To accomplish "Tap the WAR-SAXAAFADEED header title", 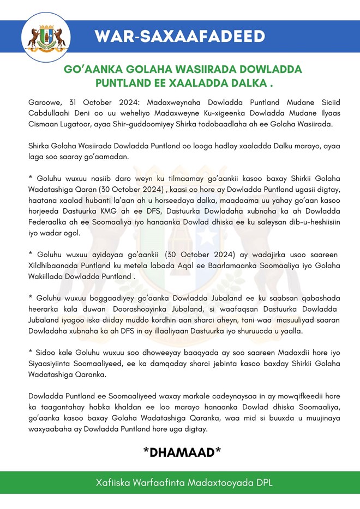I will [x=179, y=37].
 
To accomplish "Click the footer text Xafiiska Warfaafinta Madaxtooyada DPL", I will [x=179, y=483].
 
